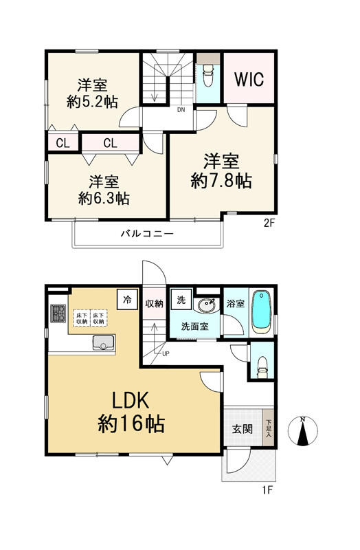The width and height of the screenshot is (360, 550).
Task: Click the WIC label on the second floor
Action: [249, 79]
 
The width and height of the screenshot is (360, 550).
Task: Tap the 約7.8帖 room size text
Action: [221, 181]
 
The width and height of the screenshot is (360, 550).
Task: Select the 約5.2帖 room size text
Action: [92, 102]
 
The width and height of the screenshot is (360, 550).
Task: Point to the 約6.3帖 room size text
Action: [104, 199]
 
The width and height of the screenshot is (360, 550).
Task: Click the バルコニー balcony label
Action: [147, 233]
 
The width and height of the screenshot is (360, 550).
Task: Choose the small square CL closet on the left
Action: [63, 143]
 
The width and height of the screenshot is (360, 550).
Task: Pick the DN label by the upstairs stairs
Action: [181, 110]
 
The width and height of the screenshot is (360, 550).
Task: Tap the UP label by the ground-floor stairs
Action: [166, 353]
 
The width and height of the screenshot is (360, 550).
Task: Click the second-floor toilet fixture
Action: [208, 75]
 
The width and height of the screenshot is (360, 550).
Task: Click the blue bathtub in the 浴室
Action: [262, 311]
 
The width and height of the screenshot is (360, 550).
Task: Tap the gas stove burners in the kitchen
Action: [58, 313]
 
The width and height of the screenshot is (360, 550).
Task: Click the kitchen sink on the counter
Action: [104, 342]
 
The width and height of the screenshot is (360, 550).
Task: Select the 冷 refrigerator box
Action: [127, 300]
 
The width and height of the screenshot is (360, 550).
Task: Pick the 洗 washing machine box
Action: [181, 299]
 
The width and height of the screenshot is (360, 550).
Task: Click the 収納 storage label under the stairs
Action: [155, 304]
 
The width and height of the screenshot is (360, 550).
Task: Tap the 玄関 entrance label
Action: [243, 428]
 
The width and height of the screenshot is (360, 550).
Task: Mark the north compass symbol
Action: [302, 431]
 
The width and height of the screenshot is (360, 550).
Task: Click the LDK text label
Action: [131, 400]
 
